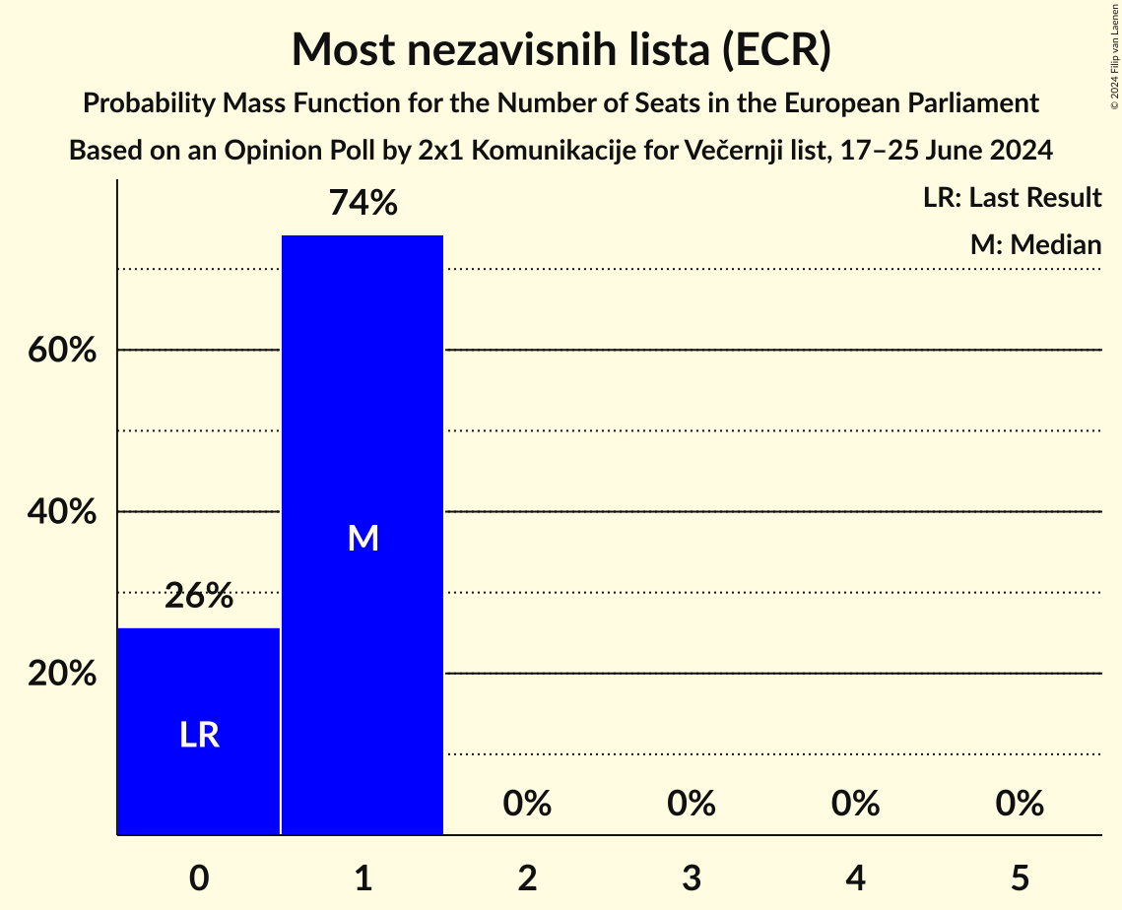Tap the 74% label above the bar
[363, 203]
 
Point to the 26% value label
[198, 596]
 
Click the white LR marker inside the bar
[198, 735]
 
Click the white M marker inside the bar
[363, 538]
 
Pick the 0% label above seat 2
[527, 804]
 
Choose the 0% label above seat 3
[691, 804]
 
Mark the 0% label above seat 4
[855, 804]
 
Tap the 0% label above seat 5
[1019, 804]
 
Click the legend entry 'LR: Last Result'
[1012, 198]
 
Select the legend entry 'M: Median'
[1035, 244]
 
